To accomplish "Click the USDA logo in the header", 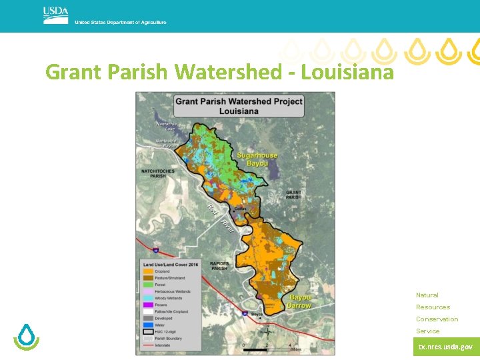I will coord(55,15).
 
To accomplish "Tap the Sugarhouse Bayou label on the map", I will coord(253,159).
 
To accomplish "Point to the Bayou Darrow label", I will coord(300,301).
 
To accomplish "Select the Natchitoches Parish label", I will coord(153,174).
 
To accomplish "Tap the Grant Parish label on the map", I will coord(293,195).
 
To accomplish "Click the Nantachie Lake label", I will coord(166,126).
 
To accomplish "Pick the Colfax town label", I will coord(241,209).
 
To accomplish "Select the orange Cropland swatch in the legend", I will coord(147,271).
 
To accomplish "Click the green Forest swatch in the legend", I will coord(147,285).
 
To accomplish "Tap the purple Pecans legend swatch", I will coord(147,305).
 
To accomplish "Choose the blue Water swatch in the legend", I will coord(147,325).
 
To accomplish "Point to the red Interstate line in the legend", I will coord(147,345).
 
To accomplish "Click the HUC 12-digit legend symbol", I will coord(147,331).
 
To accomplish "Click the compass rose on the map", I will coord(267,331).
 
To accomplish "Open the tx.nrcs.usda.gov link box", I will coord(446,347).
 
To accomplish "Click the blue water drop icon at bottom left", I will coord(27,337).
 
